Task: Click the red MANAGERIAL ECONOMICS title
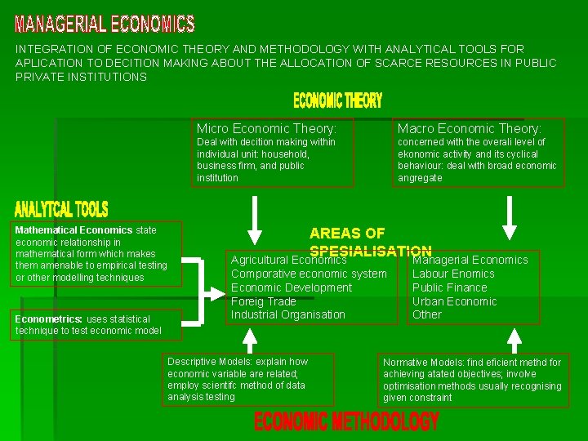point(105,24)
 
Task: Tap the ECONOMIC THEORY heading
point(337,100)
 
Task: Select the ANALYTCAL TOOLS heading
point(61,210)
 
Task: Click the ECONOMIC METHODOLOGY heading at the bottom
point(346,421)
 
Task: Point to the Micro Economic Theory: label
point(266,128)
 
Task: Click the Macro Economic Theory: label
point(469,128)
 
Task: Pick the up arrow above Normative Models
point(514,340)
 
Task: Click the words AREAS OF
point(347,234)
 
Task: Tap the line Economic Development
point(292,287)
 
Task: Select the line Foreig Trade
point(263,301)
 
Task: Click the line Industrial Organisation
point(288,314)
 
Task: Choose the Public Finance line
point(449,287)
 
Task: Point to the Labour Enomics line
point(453,274)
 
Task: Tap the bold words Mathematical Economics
point(73,230)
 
